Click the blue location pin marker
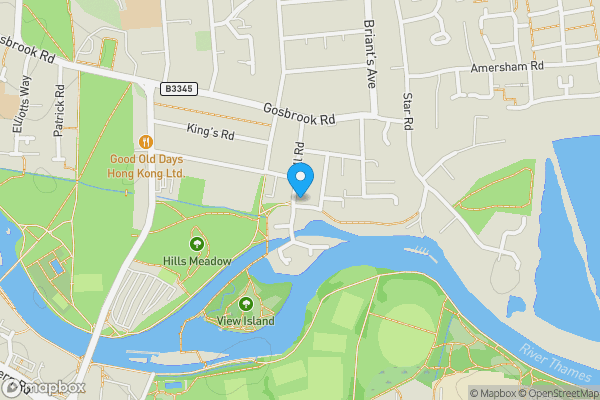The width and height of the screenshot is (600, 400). [300, 178]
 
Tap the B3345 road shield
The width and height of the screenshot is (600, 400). [176, 89]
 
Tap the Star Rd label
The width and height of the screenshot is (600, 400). [407, 112]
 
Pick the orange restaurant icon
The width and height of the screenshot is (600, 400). [147, 141]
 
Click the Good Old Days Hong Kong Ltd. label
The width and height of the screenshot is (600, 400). [148, 166]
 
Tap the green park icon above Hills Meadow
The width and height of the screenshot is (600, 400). [196, 243]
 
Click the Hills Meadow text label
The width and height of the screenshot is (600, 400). [197, 261]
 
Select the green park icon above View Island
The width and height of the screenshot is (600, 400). [246, 303]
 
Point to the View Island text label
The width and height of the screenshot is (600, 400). [246, 320]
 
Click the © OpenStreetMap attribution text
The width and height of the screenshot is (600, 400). [556, 393]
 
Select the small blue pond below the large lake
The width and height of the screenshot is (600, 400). [516, 305]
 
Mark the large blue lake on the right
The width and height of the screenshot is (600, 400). [575, 200]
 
